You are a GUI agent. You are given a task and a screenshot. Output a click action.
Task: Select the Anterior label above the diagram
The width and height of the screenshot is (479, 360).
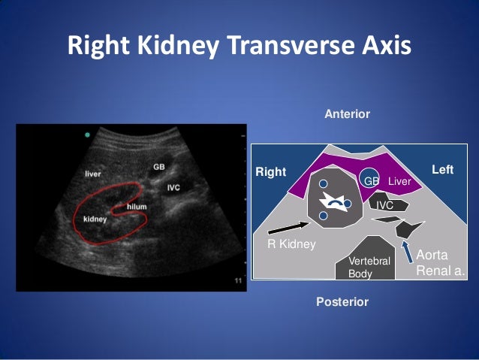347,114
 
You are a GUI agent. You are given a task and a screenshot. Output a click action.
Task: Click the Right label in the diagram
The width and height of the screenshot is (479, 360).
271,171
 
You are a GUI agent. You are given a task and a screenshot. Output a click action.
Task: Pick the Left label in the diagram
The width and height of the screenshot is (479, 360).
443,170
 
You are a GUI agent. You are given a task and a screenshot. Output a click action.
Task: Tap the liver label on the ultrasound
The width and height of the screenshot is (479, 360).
92,174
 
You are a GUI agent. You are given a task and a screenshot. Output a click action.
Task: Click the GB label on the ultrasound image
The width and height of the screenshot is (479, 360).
159,167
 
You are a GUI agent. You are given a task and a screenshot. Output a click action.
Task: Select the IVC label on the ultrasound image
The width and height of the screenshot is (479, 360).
173,186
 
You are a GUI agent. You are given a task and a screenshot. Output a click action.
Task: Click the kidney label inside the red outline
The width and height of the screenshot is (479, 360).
95,220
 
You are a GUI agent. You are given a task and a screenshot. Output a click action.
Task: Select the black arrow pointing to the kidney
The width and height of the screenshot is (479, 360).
288,225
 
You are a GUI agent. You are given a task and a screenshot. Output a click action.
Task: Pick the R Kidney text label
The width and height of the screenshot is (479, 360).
292,244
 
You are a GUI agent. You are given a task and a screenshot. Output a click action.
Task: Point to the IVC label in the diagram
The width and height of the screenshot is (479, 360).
385,204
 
